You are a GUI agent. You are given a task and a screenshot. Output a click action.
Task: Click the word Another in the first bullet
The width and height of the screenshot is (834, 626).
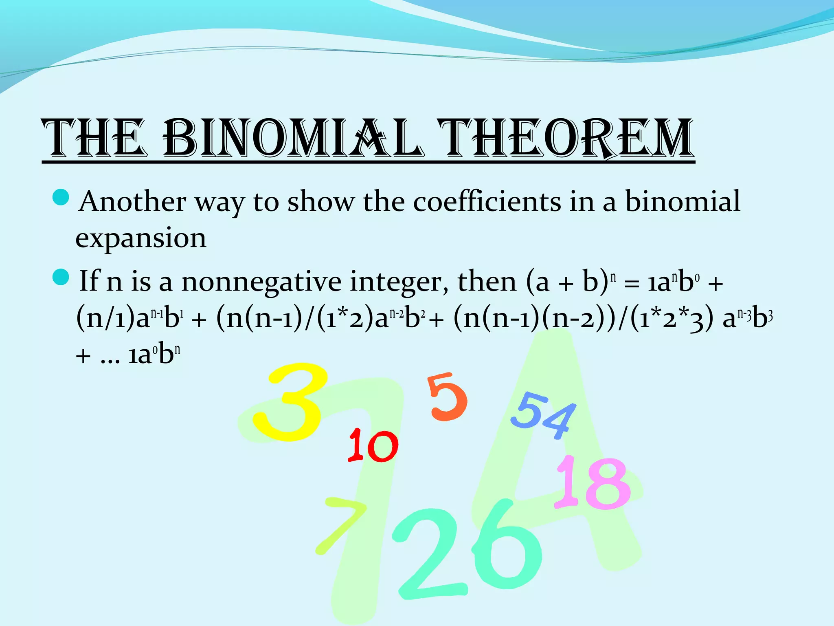(133, 201)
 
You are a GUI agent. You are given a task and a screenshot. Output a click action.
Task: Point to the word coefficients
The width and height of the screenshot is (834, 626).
(487, 201)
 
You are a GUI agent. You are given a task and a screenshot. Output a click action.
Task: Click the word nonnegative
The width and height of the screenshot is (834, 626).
(261, 282)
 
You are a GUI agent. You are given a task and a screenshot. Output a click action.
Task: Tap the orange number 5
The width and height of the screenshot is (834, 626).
(447, 397)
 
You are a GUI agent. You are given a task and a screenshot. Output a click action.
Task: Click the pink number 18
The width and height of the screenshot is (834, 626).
(593, 483)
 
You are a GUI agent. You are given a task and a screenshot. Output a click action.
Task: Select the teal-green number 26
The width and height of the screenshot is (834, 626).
(468, 550)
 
